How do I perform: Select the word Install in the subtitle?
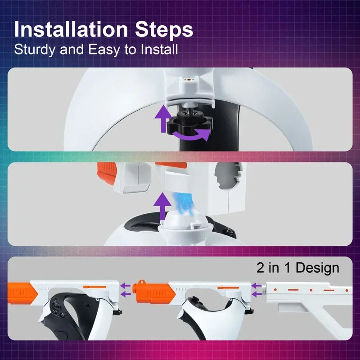(x=157, y=49)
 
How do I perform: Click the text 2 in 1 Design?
(x=297, y=268)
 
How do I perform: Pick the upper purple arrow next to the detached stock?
(x=257, y=285)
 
